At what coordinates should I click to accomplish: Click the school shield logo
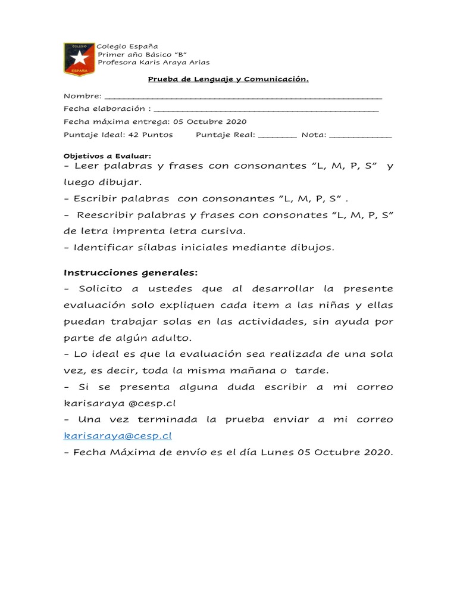point(79,59)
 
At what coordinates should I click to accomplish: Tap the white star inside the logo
point(79,58)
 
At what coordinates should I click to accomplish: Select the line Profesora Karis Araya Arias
point(154,63)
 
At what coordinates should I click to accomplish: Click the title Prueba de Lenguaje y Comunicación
point(228,79)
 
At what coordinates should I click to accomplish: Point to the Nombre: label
point(83,96)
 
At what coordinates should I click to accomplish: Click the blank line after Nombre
point(243,97)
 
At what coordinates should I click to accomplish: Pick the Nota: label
point(314,135)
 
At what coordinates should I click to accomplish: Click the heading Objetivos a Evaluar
point(107,155)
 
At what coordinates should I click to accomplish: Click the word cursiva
point(226,231)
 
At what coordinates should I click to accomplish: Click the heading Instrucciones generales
point(130,272)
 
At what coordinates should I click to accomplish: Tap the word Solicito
point(101,289)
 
